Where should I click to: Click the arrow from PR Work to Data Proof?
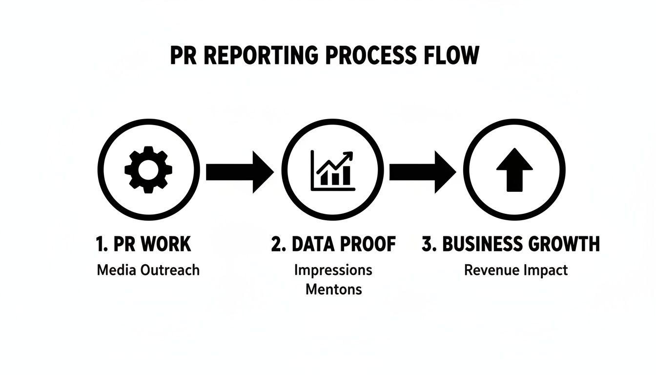click(x=239, y=171)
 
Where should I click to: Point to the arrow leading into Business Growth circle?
click(x=423, y=171)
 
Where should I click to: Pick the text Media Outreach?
click(x=148, y=270)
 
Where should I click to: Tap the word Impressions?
click(x=333, y=270)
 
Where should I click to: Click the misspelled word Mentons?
click(x=333, y=289)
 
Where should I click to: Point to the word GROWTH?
click(x=566, y=244)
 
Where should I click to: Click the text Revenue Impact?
click(x=515, y=270)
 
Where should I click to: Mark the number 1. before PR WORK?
click(x=102, y=244)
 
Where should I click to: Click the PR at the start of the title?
click(x=183, y=56)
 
